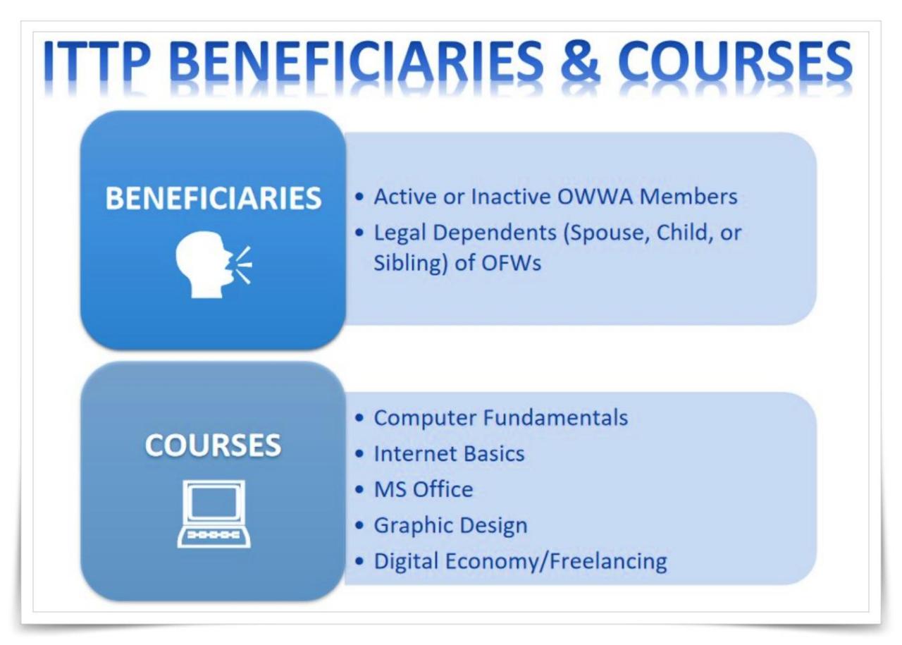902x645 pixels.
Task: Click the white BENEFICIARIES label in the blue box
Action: pos(213,199)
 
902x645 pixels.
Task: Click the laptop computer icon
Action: pos(213,513)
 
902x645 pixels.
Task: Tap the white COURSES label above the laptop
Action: pos(213,446)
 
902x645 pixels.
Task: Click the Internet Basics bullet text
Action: pos(449,453)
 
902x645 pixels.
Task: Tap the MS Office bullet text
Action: pos(423,489)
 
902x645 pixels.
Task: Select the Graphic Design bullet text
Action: pos(450,525)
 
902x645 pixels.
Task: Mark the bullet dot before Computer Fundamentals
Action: pos(361,418)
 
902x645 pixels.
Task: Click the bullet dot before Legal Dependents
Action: pos(361,232)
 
